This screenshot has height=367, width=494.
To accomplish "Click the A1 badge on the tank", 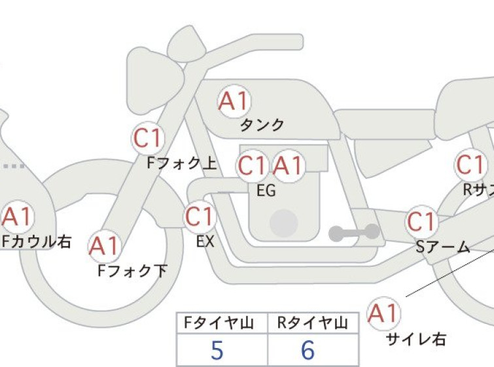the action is pyautogui.click(x=234, y=101).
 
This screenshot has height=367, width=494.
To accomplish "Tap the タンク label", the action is pyautogui.click(x=262, y=125).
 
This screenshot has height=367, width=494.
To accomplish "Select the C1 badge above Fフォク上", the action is pyautogui.click(x=148, y=137).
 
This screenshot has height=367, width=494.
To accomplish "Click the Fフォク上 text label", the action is pyautogui.click(x=182, y=163).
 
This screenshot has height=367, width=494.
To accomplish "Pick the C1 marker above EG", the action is pyautogui.click(x=252, y=166).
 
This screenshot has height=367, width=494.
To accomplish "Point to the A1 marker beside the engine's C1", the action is pyautogui.click(x=289, y=166).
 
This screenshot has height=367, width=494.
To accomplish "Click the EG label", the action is pyautogui.click(x=266, y=190).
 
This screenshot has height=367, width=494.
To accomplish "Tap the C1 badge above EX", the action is pyautogui.click(x=200, y=217).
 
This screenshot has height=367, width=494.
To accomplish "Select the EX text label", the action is pyautogui.click(x=205, y=241).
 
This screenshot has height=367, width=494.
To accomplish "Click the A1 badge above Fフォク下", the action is pyautogui.click(x=103, y=246).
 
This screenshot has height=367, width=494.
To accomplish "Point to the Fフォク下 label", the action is pyautogui.click(x=132, y=271).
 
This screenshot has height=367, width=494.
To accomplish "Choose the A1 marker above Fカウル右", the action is pyautogui.click(x=17, y=217).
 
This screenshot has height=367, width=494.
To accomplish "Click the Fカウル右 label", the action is pyautogui.click(x=37, y=241).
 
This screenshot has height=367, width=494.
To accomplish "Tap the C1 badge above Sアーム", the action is pyautogui.click(x=421, y=222).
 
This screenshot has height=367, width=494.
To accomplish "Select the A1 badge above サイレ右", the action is pyautogui.click(x=383, y=313).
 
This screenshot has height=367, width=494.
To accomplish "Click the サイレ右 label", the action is pyautogui.click(x=416, y=340).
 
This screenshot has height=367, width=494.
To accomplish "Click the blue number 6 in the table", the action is pyautogui.click(x=308, y=350).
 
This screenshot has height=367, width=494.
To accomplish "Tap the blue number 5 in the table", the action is pyautogui.click(x=217, y=350).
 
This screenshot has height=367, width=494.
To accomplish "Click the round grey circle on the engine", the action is pyautogui.click(x=284, y=223).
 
